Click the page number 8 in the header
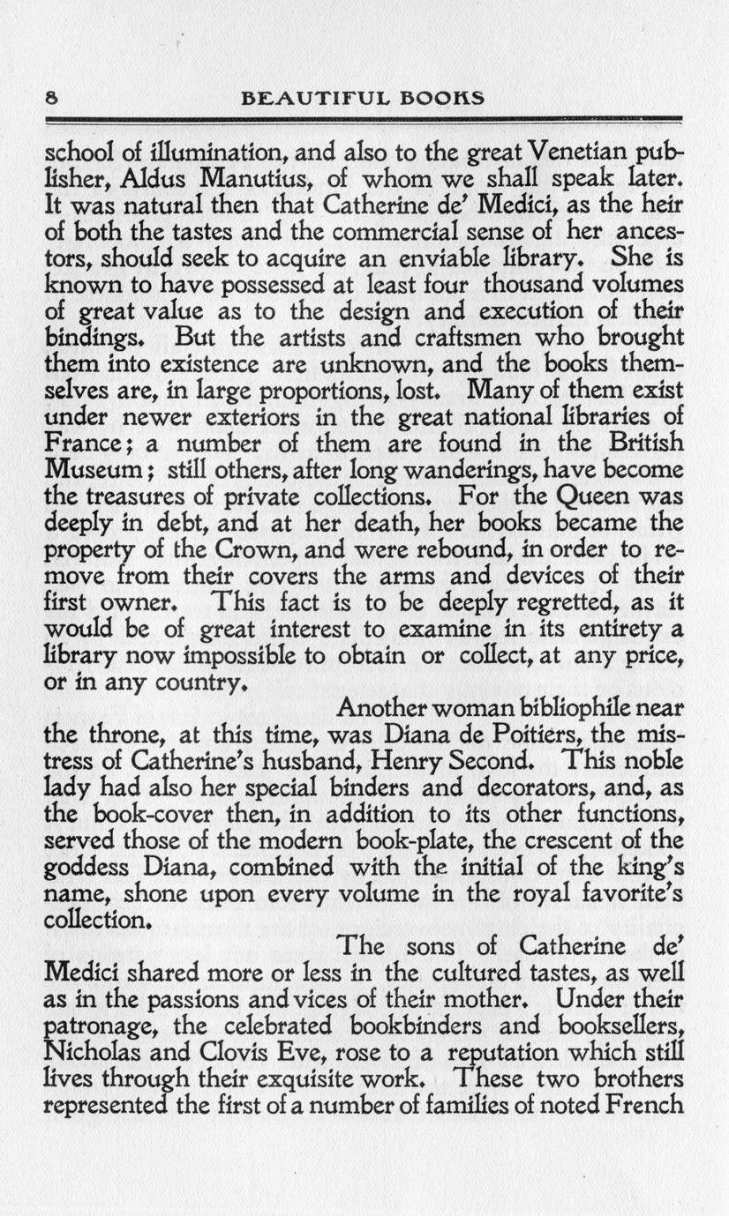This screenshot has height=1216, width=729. (x=51, y=97)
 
